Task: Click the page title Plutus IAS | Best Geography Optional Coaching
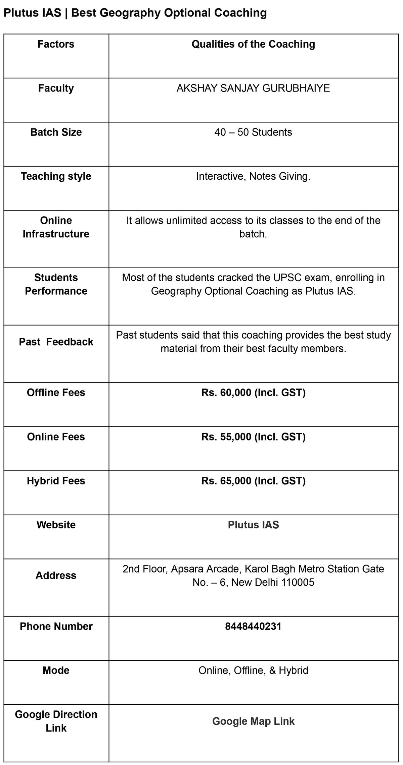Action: tap(135, 13)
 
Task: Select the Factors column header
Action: tap(56, 44)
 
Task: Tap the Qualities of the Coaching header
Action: tap(253, 44)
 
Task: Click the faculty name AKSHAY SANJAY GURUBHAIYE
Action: tap(253, 88)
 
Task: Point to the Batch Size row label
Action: tap(56, 132)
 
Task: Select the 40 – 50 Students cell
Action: tap(253, 132)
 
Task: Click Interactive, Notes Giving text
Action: tap(253, 176)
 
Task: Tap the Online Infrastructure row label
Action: tap(56, 227)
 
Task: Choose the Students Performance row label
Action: tap(56, 284)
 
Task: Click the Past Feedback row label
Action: tap(56, 342)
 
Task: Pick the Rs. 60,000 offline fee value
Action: tap(253, 393)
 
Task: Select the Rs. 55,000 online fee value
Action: tap(253, 437)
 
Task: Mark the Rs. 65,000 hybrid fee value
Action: tap(253, 481)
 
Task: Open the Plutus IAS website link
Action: tap(253, 525)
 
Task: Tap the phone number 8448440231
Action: tap(253, 626)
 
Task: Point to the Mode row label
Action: tap(56, 670)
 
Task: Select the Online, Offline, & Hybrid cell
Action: tap(253, 670)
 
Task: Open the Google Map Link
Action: tap(253, 721)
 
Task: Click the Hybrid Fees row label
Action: tap(56, 481)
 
